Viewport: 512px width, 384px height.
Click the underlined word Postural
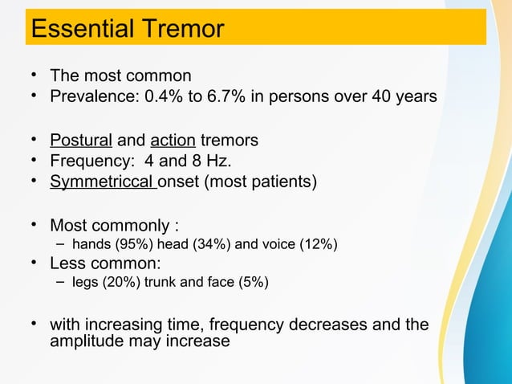pos(80,141)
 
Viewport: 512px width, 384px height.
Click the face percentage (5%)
pos(256,283)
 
